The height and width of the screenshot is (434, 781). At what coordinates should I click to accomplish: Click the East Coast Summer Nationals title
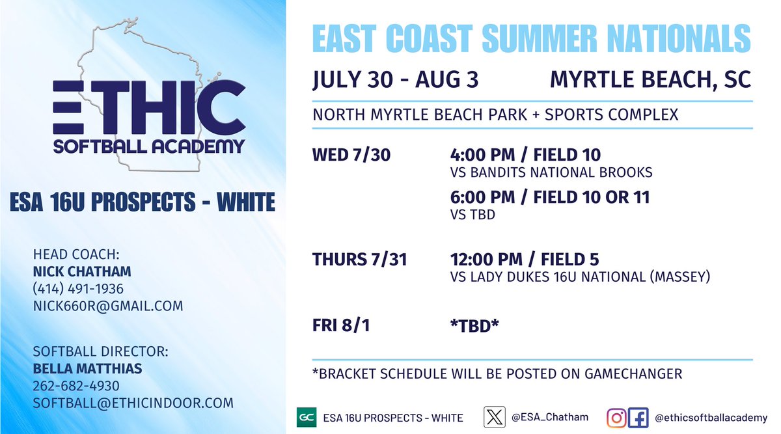tap(532, 39)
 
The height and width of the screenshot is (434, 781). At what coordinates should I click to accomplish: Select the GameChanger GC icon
tap(305, 417)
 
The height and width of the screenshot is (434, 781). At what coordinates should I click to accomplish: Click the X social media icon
tap(494, 417)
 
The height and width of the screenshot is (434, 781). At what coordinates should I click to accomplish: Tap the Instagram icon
tap(616, 417)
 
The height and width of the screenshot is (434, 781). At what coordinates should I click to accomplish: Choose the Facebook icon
tap(637, 417)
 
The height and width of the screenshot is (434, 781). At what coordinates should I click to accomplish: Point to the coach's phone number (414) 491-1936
tap(78, 288)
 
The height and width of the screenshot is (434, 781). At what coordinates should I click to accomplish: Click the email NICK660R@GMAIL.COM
tap(108, 305)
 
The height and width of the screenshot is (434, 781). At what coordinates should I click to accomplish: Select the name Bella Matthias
tap(87, 369)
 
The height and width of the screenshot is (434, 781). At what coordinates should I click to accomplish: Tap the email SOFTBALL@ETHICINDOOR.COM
tap(133, 403)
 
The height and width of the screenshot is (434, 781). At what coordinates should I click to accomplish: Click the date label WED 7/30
tap(351, 156)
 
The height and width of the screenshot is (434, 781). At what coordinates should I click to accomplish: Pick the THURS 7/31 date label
tap(360, 260)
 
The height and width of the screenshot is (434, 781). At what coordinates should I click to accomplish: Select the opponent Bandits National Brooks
tap(551, 173)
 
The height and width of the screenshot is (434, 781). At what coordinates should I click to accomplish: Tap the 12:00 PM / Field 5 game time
tap(525, 260)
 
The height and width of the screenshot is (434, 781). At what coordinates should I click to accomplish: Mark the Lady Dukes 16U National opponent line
tap(579, 277)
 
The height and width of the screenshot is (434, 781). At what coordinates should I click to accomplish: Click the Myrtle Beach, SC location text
tap(650, 79)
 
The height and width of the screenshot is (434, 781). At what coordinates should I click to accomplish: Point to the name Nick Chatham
tap(81, 271)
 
